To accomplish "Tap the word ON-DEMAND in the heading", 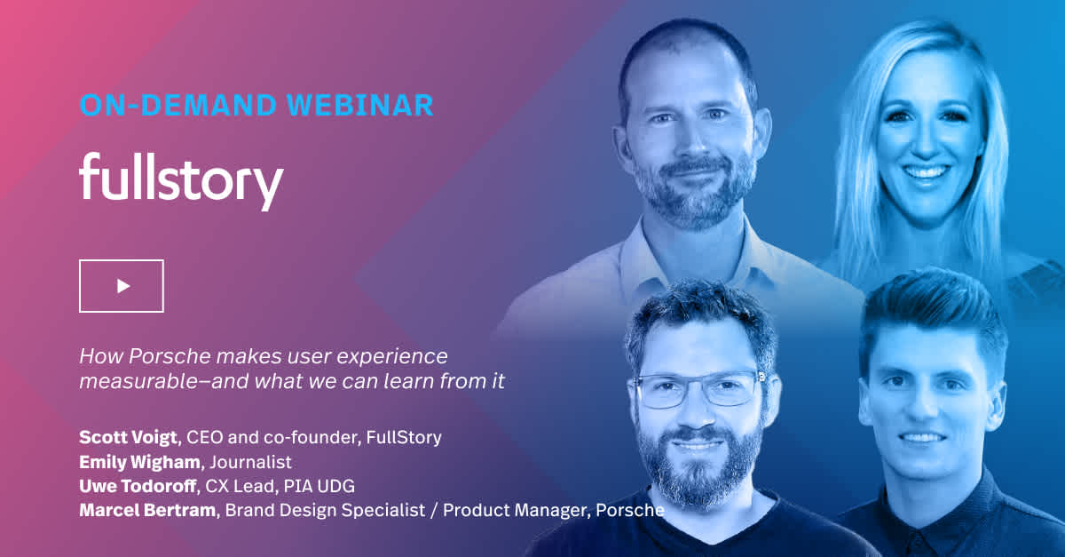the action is tap(178, 105).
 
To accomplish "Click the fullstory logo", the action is tap(181, 181).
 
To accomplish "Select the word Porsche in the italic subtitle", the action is tap(170, 356).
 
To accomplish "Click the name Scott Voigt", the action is tap(128, 437).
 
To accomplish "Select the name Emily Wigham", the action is tap(139, 462).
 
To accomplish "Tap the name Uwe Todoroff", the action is tap(138, 486).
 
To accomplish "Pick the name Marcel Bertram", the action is tap(147, 510).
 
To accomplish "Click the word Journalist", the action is tap(250, 462).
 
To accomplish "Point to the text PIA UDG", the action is tap(319, 486).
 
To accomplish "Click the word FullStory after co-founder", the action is tap(404, 437).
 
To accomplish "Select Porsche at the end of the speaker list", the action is tap(630, 510).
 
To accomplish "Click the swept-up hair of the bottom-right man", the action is tap(932, 309).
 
